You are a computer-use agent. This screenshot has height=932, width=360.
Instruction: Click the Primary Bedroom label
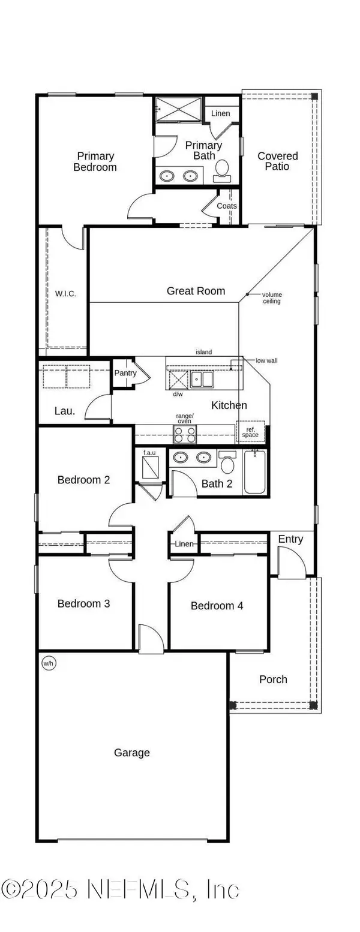95,162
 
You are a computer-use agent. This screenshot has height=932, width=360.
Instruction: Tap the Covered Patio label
277,161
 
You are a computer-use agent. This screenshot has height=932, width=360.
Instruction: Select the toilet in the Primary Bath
222,170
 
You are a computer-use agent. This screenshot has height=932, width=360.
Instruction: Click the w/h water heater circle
47,663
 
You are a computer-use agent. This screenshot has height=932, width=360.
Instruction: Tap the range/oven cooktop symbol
185,434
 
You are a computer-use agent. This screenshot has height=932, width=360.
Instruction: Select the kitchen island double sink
202,380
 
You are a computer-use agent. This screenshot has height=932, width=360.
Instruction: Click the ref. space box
250,432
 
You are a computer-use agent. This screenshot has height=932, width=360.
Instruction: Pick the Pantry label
125,373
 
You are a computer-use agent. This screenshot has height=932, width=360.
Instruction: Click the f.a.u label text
149,452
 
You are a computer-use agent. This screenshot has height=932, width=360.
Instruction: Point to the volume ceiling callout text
271,297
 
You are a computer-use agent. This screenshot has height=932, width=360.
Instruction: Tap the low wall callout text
266,360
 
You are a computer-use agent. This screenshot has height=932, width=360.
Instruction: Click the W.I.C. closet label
65,294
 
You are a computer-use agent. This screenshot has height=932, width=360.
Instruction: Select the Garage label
131,753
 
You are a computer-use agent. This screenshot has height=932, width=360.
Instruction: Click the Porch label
273,680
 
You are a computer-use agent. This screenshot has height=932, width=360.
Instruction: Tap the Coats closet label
227,206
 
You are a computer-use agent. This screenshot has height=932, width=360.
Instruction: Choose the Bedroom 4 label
217,606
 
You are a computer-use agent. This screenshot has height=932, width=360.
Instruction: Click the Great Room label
196,291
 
